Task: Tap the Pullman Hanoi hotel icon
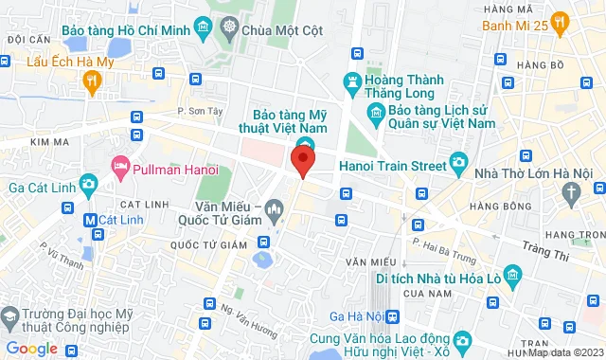[120, 168]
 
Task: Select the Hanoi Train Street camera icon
[459, 163]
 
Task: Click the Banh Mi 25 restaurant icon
[561, 20]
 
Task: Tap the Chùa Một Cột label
[282, 29]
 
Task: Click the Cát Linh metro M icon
[90, 220]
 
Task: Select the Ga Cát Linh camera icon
[88, 183]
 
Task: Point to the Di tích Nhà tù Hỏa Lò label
[436, 278]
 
